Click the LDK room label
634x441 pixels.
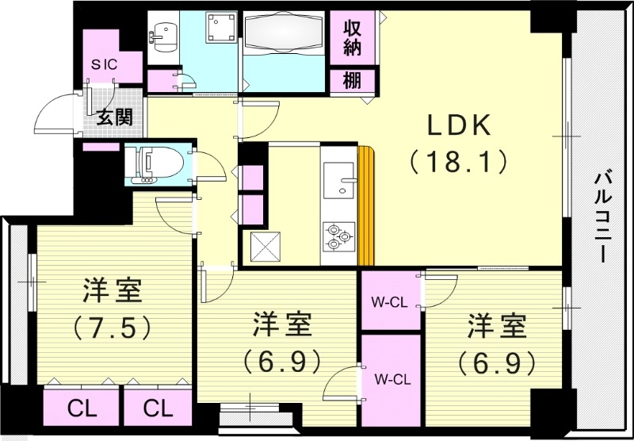(x=460, y=126)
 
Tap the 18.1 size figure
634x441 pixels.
(x=459, y=163)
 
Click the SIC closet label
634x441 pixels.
(x=103, y=65)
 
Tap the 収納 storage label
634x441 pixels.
(x=353, y=39)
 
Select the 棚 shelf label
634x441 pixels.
(x=353, y=80)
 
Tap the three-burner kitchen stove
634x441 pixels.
(x=337, y=235)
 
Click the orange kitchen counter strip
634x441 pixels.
(x=365, y=206)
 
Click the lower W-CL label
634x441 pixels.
(x=389, y=378)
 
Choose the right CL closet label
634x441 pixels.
(x=158, y=408)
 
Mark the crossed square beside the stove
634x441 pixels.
(x=265, y=246)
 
